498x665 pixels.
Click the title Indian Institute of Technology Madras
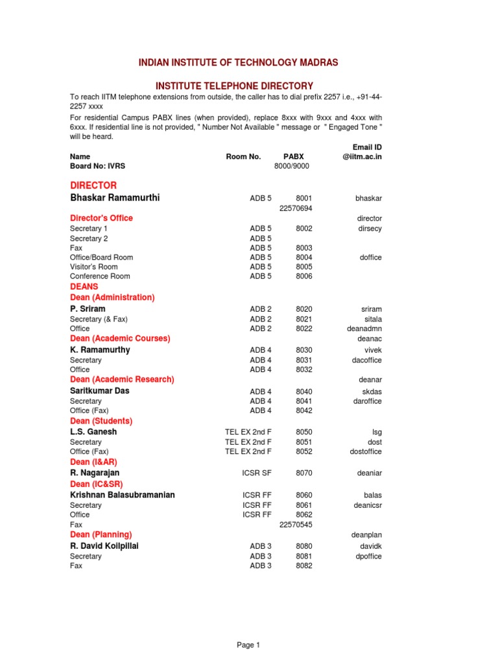pos(238,62)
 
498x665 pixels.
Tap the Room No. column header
pos(243,157)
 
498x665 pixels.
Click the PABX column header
pos(293,157)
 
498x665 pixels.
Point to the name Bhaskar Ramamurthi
pos(115,197)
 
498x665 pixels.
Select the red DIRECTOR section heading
pos(93,185)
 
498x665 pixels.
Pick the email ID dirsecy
pos(369,229)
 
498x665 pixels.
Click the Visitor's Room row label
pos(93,266)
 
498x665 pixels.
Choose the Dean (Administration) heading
pos(112,297)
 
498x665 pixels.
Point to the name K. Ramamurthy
pos(100,349)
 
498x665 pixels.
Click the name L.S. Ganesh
pos(93,431)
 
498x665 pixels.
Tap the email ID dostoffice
pos(366,451)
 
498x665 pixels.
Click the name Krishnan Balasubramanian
pos(123,495)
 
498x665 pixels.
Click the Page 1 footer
pos(248,645)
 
